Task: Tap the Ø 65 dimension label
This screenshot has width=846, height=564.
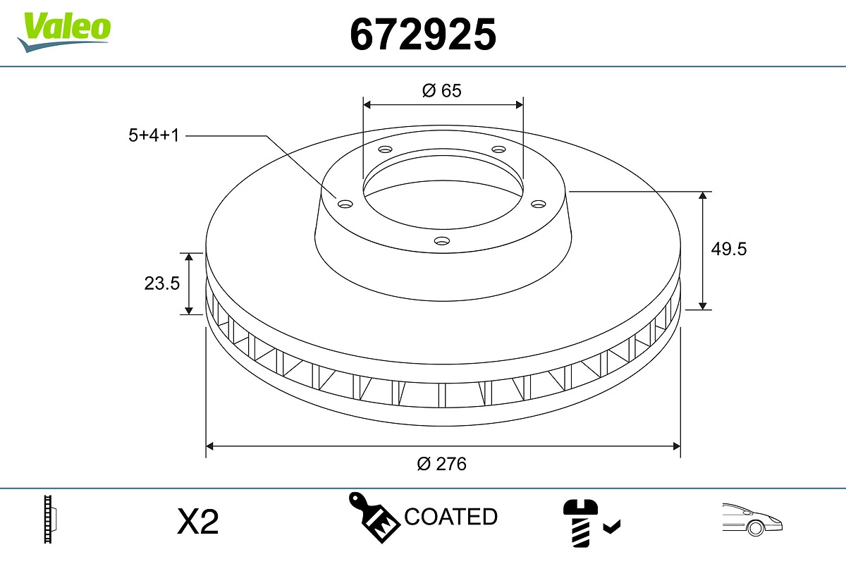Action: pos(442,90)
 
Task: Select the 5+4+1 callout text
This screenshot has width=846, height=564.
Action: pos(154,135)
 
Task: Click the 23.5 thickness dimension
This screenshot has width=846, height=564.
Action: pos(162,283)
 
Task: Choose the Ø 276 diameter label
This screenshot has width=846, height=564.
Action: pos(442,464)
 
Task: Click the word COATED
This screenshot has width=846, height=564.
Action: pos(450,517)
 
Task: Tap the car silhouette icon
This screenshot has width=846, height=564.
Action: pos(752,520)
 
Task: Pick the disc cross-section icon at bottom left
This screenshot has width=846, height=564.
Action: pos(50,520)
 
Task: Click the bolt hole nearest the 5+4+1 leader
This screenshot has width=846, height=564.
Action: pos(345,204)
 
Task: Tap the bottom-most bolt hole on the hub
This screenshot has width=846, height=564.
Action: pos(442,241)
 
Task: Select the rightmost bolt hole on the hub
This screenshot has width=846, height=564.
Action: pos(539,204)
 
